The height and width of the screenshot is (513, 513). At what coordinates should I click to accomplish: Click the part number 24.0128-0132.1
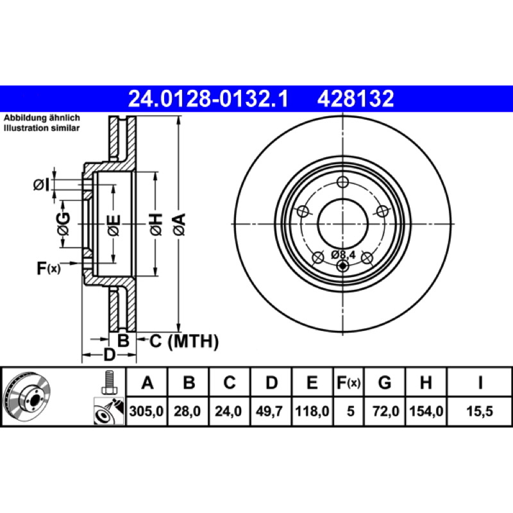tap(208, 99)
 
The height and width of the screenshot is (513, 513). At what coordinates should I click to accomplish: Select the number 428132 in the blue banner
tap(355, 99)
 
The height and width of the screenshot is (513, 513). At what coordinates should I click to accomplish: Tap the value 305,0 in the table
tap(146, 411)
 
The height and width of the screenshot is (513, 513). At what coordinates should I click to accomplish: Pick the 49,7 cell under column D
tap(269, 411)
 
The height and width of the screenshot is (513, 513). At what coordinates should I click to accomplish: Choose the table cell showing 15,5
tap(479, 411)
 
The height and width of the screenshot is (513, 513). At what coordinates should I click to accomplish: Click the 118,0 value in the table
tap(312, 411)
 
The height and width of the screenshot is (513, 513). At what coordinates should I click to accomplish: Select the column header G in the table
tap(384, 382)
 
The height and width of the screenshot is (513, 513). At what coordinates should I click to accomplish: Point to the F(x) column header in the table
tap(348, 382)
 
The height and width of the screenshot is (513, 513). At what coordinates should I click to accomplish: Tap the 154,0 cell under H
tap(426, 411)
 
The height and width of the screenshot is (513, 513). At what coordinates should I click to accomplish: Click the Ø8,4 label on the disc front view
tap(343, 254)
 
